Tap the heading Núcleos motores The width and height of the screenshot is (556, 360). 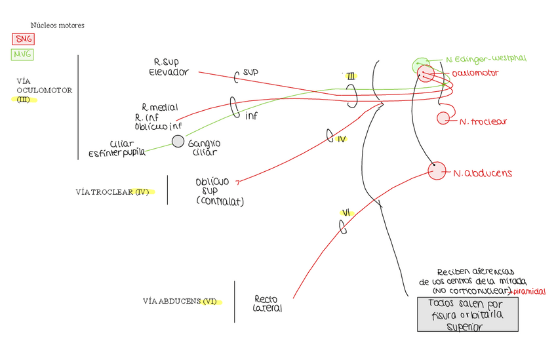[58, 26]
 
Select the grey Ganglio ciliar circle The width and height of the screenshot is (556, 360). [178, 141]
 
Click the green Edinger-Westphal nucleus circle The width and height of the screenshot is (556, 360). [419, 64]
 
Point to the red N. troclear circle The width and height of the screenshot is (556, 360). [443, 118]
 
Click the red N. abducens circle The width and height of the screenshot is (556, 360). [436, 171]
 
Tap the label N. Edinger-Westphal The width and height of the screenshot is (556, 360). [485, 59]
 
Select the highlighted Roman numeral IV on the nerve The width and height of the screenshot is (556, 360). [342, 139]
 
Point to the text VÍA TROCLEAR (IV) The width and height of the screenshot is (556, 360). [115, 192]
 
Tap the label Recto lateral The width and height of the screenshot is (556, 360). [268, 304]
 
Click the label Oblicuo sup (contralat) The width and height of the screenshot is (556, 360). [218, 191]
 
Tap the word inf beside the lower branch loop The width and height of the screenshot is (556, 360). [251, 115]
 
